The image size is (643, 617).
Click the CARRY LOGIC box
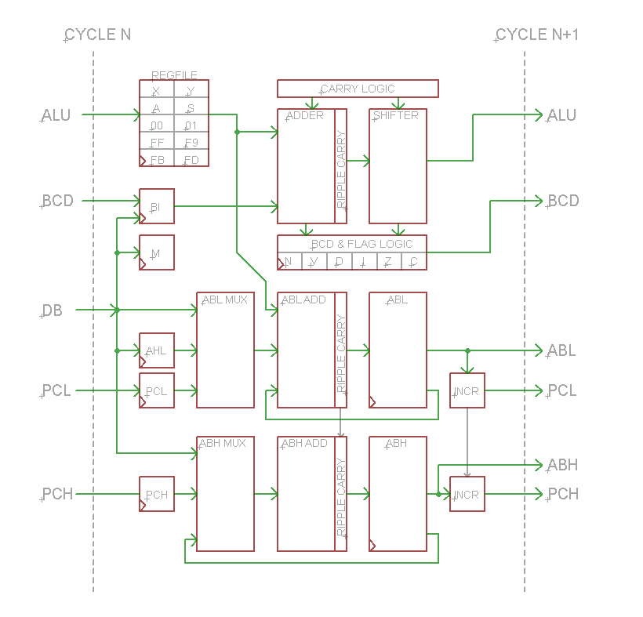[358, 89]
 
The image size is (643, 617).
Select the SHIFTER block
[398, 166]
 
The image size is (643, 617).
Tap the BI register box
[157, 207]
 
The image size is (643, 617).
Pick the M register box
[157, 253]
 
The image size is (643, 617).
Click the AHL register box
[157, 350]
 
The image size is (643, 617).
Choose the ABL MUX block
[225, 350]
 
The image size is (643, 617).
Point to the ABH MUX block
[225, 494]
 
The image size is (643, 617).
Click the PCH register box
[157, 494]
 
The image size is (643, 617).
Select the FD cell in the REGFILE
[191, 160]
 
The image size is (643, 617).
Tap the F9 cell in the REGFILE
[191, 143]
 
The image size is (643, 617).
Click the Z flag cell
[389, 262]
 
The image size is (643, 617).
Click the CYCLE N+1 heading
[537, 35]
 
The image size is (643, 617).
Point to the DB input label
[53, 311]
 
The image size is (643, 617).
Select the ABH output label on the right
[562, 465]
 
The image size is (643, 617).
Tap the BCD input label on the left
[57, 201]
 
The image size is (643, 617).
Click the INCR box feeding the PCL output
[467, 390]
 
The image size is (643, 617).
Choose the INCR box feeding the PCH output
[467, 494]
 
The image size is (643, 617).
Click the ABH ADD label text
[304, 444]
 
